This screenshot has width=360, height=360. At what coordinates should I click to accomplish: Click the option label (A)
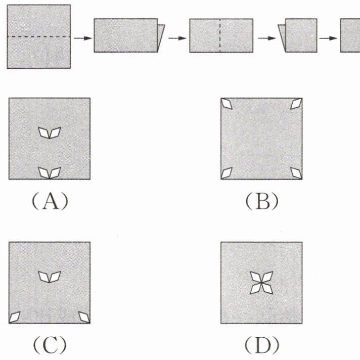click(x=50, y=201)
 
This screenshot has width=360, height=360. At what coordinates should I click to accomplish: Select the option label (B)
click(x=262, y=201)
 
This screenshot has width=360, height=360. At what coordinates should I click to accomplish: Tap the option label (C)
click(x=50, y=345)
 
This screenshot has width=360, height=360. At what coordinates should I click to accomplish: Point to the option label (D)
click(x=262, y=345)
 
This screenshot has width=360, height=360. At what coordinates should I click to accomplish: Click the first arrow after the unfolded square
click(x=83, y=38)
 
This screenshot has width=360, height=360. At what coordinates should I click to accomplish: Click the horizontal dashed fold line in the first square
click(x=38, y=36)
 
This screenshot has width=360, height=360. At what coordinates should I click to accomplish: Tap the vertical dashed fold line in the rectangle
click(x=220, y=35)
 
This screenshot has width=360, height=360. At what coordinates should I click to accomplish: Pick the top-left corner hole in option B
click(x=227, y=104)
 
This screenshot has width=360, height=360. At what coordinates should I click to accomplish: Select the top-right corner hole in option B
click(x=296, y=104)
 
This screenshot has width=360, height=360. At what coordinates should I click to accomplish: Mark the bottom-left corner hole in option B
click(x=227, y=173)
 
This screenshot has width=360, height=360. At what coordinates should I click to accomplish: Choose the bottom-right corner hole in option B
click(x=296, y=173)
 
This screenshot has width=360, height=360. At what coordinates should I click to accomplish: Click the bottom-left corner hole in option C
click(x=15, y=317)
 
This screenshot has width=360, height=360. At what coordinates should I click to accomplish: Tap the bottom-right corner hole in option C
click(x=84, y=317)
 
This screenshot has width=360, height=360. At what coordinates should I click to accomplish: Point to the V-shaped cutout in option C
click(x=50, y=277)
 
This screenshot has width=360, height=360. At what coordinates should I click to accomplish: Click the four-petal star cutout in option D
click(x=261, y=283)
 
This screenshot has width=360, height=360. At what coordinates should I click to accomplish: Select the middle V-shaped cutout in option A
click(x=50, y=133)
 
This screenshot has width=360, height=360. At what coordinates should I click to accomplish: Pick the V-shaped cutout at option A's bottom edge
click(x=50, y=173)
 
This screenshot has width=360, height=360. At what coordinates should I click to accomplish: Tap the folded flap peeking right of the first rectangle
click(x=161, y=38)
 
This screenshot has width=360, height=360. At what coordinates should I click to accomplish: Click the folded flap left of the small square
click(x=282, y=38)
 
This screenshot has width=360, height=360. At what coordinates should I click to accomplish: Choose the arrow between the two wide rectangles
click(x=177, y=38)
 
